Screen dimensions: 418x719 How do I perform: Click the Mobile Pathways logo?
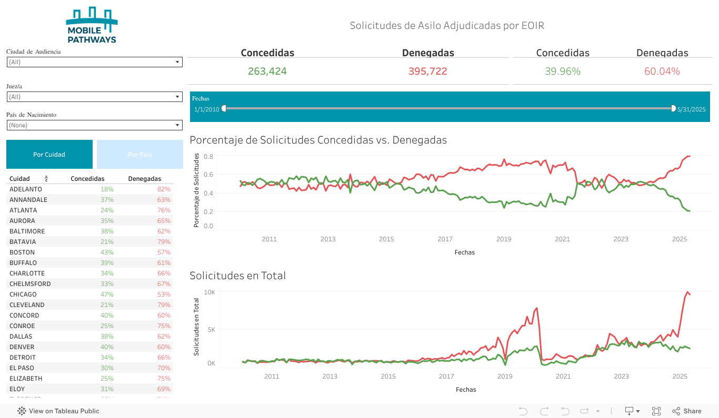[x=92, y=25]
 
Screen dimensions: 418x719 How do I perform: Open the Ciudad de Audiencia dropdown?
[x=95, y=62]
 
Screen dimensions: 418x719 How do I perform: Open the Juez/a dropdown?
[x=95, y=97]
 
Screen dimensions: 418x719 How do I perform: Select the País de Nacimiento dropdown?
[x=95, y=125]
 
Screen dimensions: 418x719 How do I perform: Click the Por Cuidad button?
[x=49, y=155]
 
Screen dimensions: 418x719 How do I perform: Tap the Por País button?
[x=139, y=155]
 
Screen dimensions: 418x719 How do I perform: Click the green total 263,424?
[x=267, y=72]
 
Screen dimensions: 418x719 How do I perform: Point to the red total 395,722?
[x=427, y=72]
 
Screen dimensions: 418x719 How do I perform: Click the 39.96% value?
[x=563, y=72]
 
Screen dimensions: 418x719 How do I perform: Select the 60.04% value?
[x=662, y=72]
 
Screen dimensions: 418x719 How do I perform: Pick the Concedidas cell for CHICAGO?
[x=107, y=294]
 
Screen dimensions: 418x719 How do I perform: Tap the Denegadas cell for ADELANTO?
[x=164, y=189]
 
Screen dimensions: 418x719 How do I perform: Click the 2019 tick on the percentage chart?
[x=504, y=239]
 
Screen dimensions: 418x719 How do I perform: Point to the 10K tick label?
[x=210, y=292]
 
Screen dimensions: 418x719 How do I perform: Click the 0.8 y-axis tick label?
[x=208, y=157]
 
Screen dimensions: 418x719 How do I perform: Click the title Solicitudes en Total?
[x=237, y=276]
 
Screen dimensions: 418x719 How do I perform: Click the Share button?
[x=687, y=411]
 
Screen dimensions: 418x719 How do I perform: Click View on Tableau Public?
[x=58, y=411]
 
